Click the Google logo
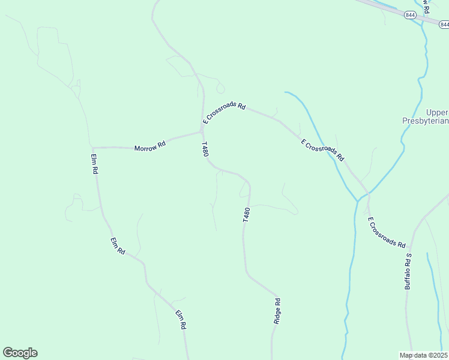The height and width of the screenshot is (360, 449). click(20, 353)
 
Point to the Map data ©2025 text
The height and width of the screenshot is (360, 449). click(423, 355)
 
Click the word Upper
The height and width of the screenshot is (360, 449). click(437, 112)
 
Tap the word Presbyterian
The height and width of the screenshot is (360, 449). click(425, 121)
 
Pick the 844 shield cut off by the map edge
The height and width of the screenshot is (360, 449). click(444, 25)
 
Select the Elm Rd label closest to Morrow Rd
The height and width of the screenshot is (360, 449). click(94, 164)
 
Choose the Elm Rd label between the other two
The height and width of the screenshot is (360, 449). click(117, 246)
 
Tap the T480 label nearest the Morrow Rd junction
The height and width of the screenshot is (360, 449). click(205, 149)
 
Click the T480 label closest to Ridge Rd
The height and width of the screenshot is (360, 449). click(246, 215)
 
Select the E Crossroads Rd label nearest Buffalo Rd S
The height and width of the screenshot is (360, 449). click(387, 233)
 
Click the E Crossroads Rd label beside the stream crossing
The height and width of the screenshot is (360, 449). click(322, 150)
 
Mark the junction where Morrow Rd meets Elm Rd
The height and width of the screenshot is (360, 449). click(92, 147)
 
